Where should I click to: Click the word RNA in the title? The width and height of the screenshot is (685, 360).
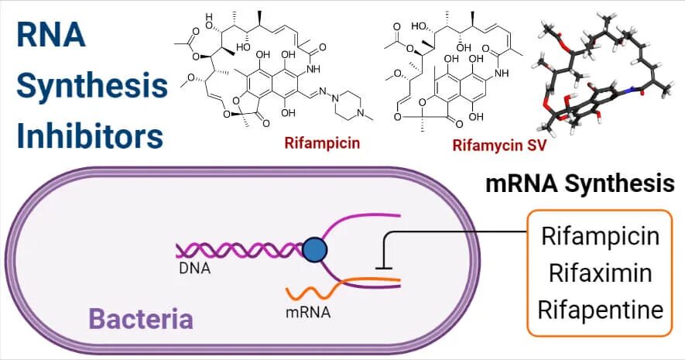click(51, 36)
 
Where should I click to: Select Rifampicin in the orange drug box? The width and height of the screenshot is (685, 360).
click(601, 235)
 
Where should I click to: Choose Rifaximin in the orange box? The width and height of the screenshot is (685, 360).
click(601, 273)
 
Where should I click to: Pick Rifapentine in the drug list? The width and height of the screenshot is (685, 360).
click(601, 310)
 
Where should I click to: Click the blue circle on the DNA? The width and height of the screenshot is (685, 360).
click(313, 250)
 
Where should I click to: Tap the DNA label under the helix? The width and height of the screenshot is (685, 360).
click(193, 269)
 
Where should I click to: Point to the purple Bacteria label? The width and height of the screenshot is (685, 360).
click(140, 318)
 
